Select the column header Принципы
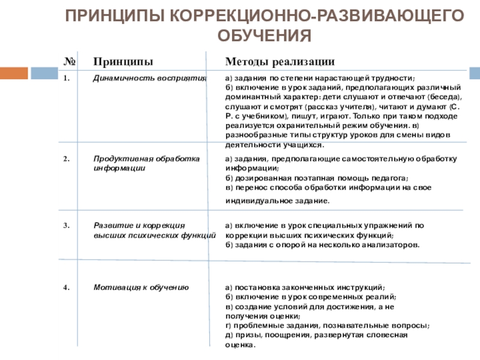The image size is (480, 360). (x=122, y=62)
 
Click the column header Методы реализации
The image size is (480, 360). (x=280, y=62)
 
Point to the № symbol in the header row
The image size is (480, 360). (x=68, y=62)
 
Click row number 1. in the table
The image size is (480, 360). (x=67, y=78)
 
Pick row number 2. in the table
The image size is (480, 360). (x=67, y=159)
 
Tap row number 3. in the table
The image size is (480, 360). (x=67, y=226)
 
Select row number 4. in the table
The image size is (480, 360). (x=67, y=288)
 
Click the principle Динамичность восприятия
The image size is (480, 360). (x=149, y=78)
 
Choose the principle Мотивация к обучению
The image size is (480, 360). (x=142, y=288)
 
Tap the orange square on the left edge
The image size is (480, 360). (x=14, y=73)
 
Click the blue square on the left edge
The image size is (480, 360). (x=43, y=73)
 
